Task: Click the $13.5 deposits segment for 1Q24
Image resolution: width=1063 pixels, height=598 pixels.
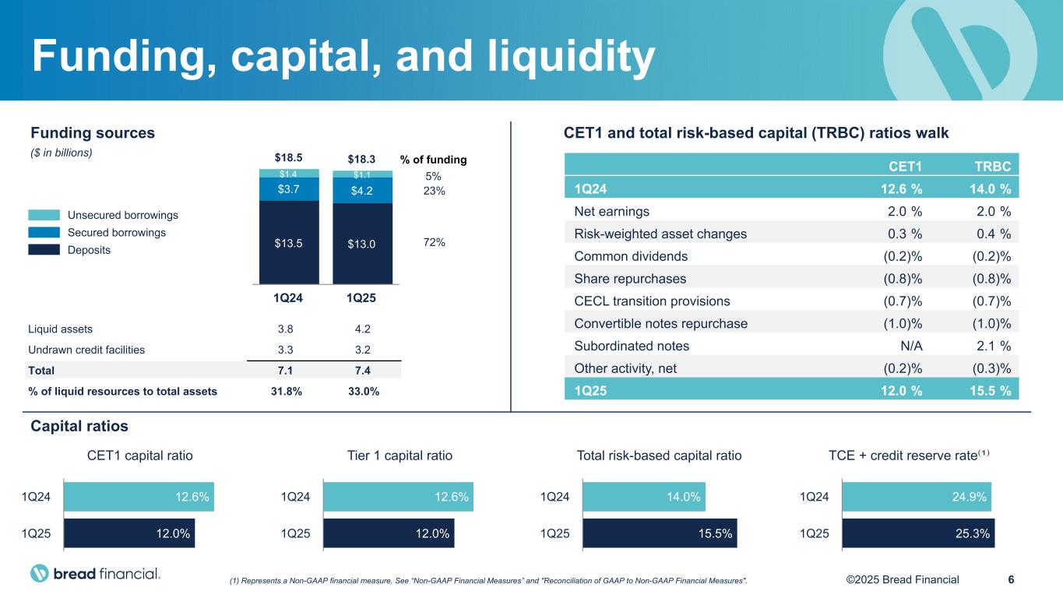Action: click(289, 243)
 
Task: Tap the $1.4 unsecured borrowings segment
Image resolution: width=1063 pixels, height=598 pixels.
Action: click(289, 173)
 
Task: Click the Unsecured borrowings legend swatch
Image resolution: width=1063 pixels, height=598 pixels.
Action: click(44, 215)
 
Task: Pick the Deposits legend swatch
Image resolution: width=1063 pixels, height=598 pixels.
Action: click(44, 250)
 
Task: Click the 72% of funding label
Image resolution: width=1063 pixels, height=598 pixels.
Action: click(435, 243)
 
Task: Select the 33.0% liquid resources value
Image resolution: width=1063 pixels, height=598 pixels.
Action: click(364, 392)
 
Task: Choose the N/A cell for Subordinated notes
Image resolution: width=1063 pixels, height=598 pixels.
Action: click(909, 346)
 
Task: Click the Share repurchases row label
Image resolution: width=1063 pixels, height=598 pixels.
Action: click(630, 278)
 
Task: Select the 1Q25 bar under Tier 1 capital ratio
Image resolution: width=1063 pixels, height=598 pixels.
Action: click(389, 533)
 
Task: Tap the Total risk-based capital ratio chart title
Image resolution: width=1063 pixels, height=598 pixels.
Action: click(659, 456)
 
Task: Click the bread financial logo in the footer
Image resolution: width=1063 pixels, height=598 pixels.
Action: click(95, 575)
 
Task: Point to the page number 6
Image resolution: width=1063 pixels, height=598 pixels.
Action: click(1011, 579)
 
